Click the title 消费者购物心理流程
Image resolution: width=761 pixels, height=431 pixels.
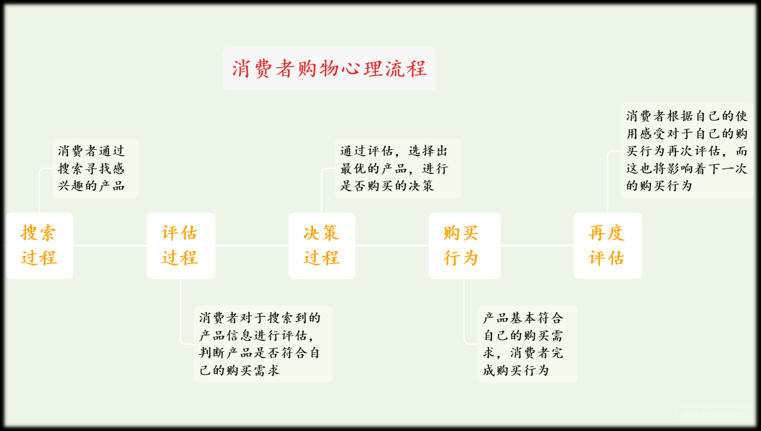tap(328, 69)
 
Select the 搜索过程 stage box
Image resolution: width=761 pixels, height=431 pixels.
tap(39, 246)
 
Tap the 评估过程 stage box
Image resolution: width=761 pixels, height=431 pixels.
tap(181, 246)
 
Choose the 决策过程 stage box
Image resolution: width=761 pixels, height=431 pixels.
tap(321, 246)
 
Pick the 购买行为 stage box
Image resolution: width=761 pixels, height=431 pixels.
tap(464, 246)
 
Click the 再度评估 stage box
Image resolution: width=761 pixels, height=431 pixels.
tap(607, 246)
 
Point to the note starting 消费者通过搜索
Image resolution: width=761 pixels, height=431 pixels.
tap(95, 169)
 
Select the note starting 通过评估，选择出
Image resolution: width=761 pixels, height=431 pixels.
tap(398, 169)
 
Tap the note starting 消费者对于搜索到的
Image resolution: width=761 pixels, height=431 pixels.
tap(263, 344)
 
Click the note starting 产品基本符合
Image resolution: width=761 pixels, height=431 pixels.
tap(527, 344)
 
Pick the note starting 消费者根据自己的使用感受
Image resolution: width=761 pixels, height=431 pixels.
tap(687, 151)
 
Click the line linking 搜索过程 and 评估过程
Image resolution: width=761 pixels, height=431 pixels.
tap(110, 246)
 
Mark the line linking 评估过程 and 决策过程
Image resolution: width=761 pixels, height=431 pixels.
tap(252, 246)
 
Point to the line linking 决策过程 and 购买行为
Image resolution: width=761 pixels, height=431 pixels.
tap(392, 246)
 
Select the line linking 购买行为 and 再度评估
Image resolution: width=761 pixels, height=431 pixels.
tap(537, 246)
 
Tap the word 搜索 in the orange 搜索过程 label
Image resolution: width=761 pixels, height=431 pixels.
tap(39, 233)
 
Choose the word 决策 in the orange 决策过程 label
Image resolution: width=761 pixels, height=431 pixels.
tap(321, 233)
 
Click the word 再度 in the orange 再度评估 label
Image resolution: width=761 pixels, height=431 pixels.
tap(606, 233)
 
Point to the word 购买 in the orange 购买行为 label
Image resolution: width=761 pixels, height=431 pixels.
tap(461, 233)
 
